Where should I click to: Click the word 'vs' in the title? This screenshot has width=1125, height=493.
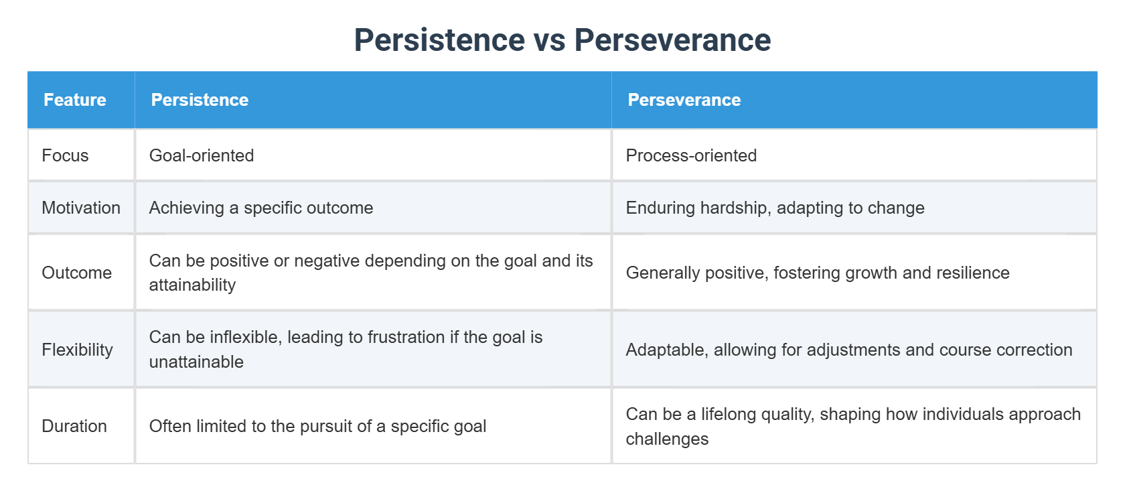(x=549, y=40)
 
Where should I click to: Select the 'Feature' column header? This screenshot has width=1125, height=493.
(x=75, y=100)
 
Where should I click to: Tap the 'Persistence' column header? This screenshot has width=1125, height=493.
(x=200, y=100)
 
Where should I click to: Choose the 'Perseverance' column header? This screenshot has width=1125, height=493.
(x=684, y=100)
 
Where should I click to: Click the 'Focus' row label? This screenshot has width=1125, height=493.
(x=65, y=155)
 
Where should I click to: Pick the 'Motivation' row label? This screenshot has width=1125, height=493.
(x=81, y=208)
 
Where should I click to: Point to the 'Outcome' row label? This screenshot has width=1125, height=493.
(x=76, y=273)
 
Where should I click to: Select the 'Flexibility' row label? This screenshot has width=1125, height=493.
(x=77, y=350)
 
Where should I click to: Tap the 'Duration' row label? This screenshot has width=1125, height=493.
(x=74, y=426)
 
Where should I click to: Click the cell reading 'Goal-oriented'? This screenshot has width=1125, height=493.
(x=202, y=155)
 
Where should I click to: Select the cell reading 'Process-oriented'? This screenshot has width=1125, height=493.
(x=691, y=155)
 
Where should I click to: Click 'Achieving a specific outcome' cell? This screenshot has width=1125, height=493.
(x=261, y=208)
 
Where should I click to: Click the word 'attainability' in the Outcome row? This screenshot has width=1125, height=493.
(x=192, y=285)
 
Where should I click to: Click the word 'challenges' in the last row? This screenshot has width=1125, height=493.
(x=667, y=439)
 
